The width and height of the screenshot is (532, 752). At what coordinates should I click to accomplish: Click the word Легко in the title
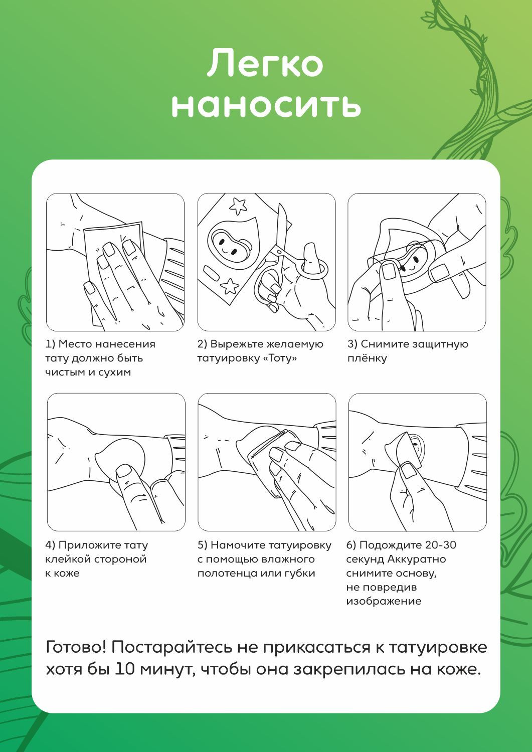[265, 62]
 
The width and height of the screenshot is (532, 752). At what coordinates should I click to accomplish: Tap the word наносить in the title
[266, 105]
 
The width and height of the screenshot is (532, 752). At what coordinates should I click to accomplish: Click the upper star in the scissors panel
[238, 206]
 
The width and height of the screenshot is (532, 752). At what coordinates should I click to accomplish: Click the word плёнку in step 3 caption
[367, 358]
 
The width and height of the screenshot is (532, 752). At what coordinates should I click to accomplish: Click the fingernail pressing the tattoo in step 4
[123, 471]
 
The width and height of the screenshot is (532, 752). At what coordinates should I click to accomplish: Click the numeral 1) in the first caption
[50, 344]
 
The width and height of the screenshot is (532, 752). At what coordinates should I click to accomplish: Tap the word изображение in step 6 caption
[384, 601]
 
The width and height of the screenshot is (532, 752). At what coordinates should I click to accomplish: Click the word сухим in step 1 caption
[114, 372]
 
